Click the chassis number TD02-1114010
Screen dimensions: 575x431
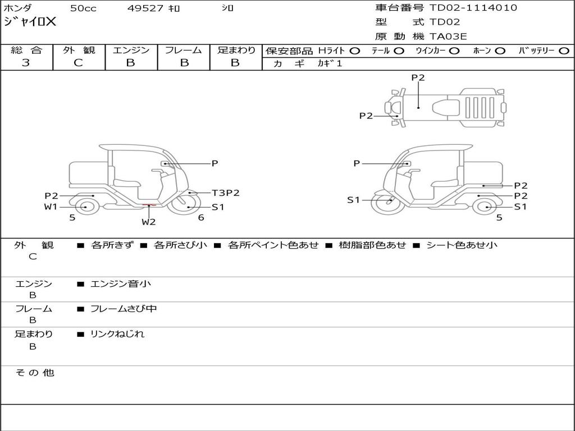pyautogui.click(x=473, y=8)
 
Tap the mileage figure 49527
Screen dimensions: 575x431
pyautogui.click(x=145, y=8)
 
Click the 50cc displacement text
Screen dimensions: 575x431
pyautogui.click(x=83, y=8)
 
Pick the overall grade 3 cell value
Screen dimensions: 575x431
pyautogui.click(x=26, y=63)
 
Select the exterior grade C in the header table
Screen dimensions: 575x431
pyautogui.click(x=78, y=63)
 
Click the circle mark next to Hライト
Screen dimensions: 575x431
pyautogui.click(x=355, y=51)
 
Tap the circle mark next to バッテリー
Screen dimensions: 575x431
pyautogui.click(x=564, y=51)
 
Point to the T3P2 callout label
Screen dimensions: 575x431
pyautogui.click(x=226, y=193)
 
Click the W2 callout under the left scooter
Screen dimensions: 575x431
pyautogui.click(x=149, y=222)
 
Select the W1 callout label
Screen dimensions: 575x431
pyautogui.click(x=51, y=207)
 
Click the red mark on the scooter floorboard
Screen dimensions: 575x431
pyautogui.click(x=149, y=205)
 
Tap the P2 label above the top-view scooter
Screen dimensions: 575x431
pyautogui.click(x=418, y=77)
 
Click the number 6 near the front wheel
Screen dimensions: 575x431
pyautogui.click(x=201, y=218)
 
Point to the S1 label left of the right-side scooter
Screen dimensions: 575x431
pyautogui.click(x=354, y=200)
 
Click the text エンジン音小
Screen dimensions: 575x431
pyautogui.click(x=121, y=283)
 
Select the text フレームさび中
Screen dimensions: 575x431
pyautogui.click(x=124, y=309)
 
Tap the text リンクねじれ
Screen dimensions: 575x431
pyautogui.click(x=117, y=334)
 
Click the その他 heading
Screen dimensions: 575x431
pyautogui.click(x=35, y=373)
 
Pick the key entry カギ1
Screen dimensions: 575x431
pyautogui.click(x=330, y=63)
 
